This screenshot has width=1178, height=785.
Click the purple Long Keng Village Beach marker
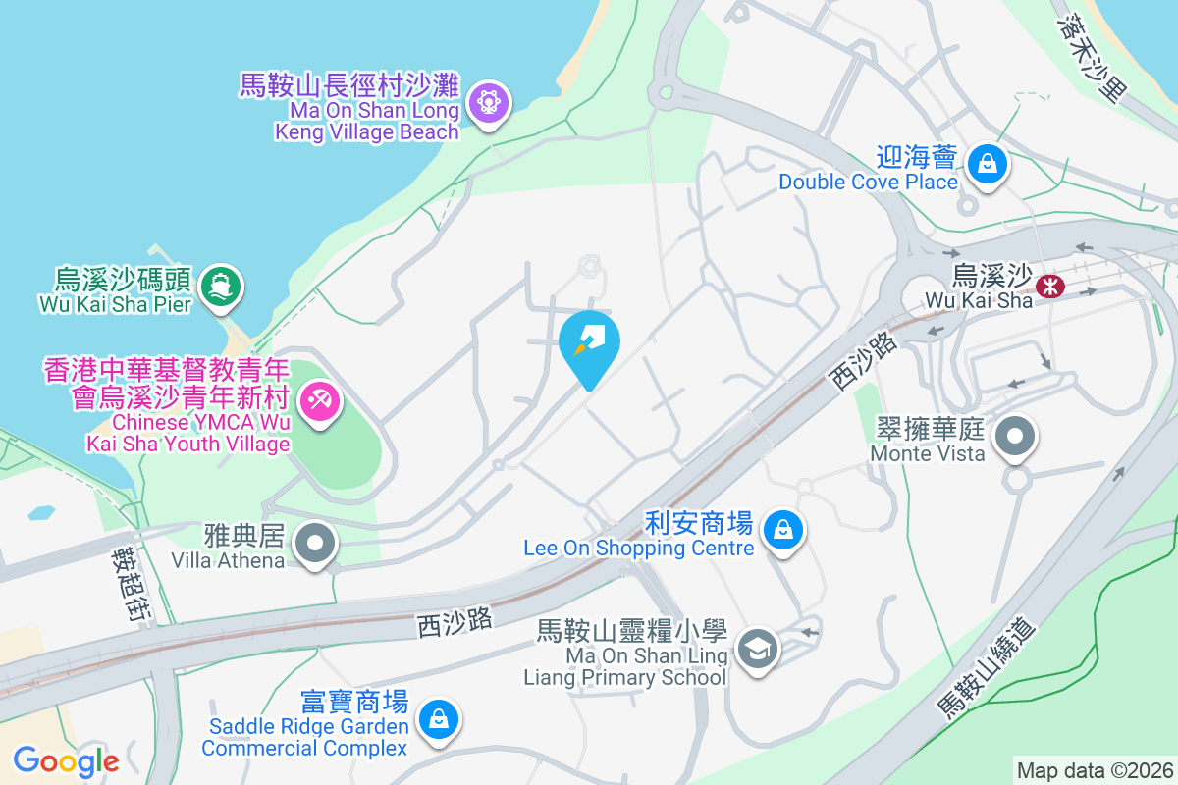coord(488,101)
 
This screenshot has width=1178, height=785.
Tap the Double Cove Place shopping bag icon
coord(986,164)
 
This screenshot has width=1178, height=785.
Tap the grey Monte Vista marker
coord(1017,437)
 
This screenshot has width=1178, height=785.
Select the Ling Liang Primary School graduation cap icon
coord(758,649)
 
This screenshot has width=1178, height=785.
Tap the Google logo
coord(66,760)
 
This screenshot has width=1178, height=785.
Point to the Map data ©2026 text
coord(1094,770)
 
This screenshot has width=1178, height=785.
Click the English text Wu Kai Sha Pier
coord(115,304)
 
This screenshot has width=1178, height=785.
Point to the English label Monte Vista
coord(928,453)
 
